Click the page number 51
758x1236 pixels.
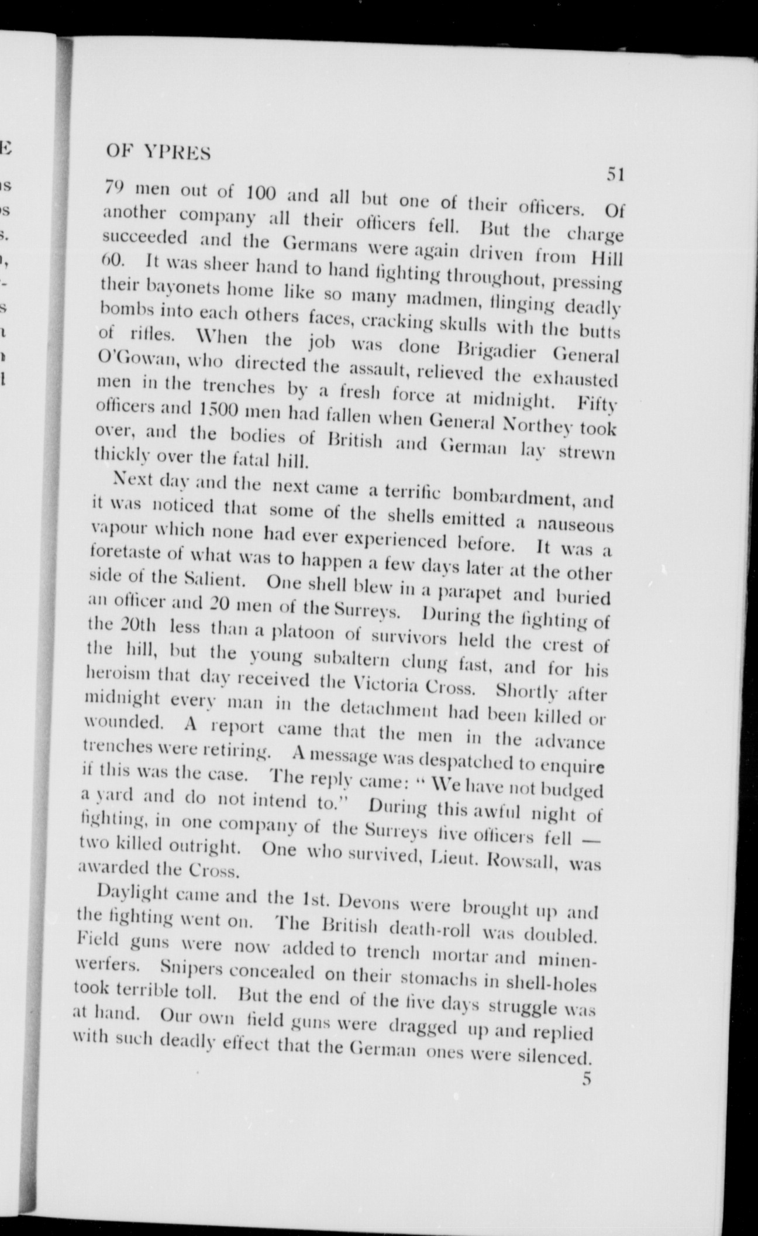(616, 174)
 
